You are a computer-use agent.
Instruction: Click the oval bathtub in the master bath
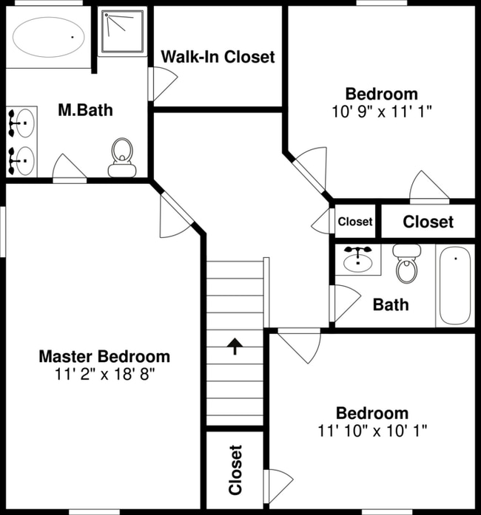(x=48, y=37)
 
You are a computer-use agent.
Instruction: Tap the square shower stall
(x=123, y=32)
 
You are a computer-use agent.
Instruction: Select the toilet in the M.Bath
(x=122, y=157)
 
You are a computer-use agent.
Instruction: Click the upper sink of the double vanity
(x=24, y=123)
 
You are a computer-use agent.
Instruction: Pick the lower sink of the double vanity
(x=24, y=160)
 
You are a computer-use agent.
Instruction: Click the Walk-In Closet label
(x=218, y=56)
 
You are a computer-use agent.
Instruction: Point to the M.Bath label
(x=86, y=110)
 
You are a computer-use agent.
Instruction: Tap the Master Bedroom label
(x=104, y=357)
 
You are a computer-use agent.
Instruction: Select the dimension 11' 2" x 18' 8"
(x=104, y=374)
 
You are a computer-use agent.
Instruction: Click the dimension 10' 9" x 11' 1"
(x=382, y=112)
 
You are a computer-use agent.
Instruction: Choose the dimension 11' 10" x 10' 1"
(x=372, y=431)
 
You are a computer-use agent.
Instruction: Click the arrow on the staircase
(x=235, y=347)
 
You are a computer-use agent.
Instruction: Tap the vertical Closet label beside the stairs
(x=235, y=470)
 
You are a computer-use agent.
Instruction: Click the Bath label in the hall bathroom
(x=391, y=304)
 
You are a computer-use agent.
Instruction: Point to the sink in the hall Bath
(x=357, y=259)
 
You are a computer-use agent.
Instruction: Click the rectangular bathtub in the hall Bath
(x=455, y=286)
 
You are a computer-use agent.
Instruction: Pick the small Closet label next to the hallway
(x=355, y=222)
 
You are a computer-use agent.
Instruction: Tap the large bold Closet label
(x=428, y=222)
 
